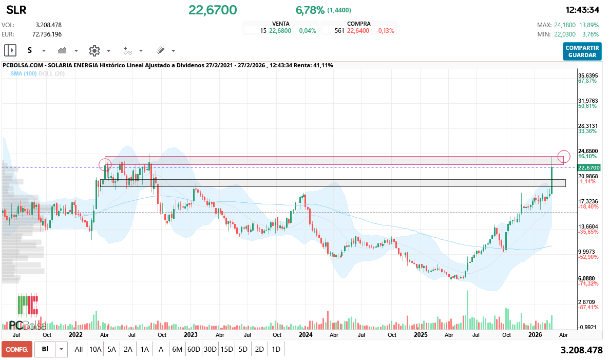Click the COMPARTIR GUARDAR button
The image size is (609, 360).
pos(582,51)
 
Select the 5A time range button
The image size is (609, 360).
pos(111,349)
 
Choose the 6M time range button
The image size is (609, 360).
pos(177,349)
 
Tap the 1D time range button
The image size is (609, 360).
pos(276,349)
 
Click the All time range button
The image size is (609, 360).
pos(79,349)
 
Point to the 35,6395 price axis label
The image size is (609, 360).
pos(588,75)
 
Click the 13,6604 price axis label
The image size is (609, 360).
pos(588,226)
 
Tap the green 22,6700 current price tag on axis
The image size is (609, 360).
pos(588,168)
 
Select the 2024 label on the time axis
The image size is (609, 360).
pos(306,334)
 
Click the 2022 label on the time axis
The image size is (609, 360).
pos(75,334)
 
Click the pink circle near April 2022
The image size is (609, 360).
pos(105,165)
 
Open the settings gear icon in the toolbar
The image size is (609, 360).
pos(94,50)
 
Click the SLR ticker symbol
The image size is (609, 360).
pos(16,10)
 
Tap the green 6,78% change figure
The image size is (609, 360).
pos(310,10)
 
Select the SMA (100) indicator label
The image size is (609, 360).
pos(23,74)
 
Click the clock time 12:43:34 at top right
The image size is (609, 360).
pos(582,10)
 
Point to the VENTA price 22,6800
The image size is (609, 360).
pos(280,31)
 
